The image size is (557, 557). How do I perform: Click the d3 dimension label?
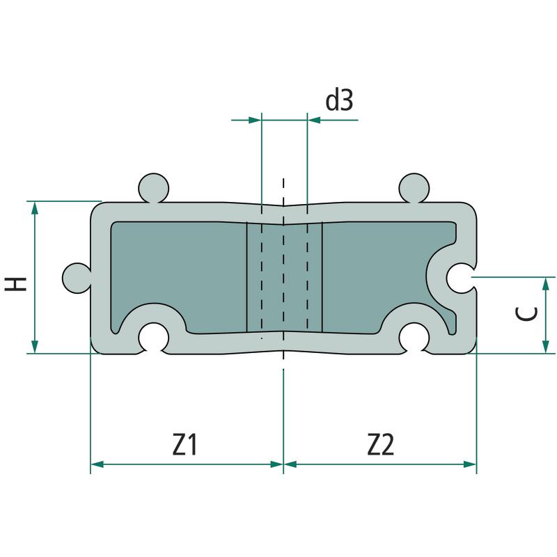coord(339,100)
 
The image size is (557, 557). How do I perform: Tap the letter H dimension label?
coord(15,284)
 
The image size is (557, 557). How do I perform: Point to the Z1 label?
coord(185,444)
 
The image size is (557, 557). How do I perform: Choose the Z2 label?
coord(380,444)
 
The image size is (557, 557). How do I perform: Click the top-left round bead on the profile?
coord(153,188)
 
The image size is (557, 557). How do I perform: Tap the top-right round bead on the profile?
coord(414,188)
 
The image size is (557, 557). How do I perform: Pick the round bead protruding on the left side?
coord(77,278)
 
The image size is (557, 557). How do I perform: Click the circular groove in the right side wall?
coord(460,278)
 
